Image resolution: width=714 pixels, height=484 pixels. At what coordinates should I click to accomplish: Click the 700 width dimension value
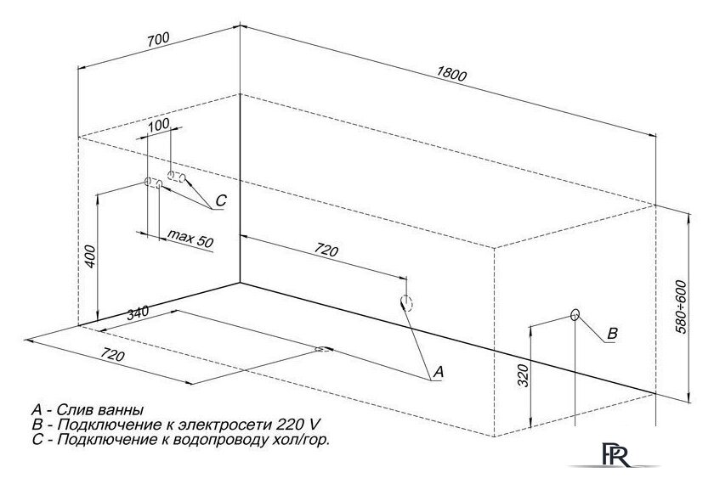tap(158, 39)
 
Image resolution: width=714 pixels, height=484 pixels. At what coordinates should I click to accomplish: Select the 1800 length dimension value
tap(451, 75)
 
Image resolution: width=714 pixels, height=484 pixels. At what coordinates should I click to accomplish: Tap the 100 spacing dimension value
tap(159, 124)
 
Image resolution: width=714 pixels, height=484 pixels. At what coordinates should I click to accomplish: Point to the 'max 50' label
tap(190, 238)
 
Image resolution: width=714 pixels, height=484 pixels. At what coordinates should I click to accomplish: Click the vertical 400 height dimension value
tap(91, 256)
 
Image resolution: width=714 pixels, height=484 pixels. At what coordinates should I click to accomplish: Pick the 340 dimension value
tap(138, 313)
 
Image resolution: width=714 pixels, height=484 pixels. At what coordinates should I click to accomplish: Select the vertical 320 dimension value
tap(524, 375)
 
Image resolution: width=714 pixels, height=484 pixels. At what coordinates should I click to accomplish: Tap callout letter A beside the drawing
tap(438, 372)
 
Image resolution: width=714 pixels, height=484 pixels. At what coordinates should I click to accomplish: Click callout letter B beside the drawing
tap(613, 334)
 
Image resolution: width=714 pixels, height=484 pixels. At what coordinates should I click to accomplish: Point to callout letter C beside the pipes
tap(220, 200)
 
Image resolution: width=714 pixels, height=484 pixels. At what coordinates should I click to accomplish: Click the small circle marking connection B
tap(575, 315)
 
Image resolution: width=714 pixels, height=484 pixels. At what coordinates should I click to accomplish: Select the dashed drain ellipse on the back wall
tap(406, 303)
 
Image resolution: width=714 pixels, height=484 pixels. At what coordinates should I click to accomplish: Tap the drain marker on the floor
tap(324, 350)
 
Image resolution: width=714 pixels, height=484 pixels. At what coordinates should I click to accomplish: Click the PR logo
tap(616, 455)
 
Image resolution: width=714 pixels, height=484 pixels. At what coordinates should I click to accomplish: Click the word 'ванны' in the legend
tap(122, 410)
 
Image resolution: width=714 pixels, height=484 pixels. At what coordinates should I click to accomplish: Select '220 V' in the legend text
tap(297, 425)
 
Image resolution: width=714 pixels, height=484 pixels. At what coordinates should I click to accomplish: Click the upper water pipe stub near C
tap(176, 177)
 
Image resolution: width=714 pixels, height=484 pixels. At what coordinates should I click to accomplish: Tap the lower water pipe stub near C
tap(154, 183)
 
